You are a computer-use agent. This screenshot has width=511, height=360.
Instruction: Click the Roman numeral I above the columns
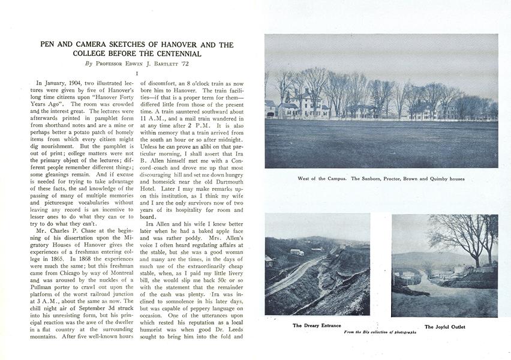(x=137, y=73)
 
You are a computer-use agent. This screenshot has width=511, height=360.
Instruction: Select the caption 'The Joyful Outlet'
(x=444, y=327)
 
